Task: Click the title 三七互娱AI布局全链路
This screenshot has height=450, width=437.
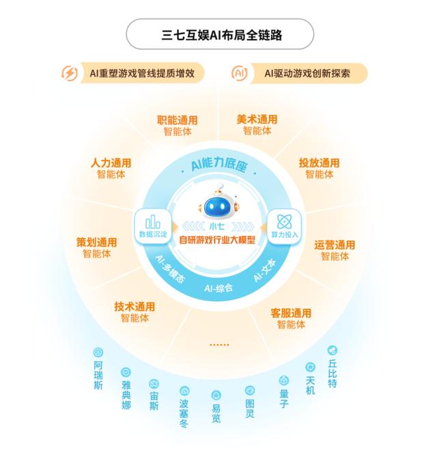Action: pyautogui.click(x=221, y=35)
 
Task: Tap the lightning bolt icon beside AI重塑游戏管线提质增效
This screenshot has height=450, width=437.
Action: pyautogui.click(x=70, y=73)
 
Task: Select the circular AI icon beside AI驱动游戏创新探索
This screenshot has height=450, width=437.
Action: pyautogui.click(x=239, y=73)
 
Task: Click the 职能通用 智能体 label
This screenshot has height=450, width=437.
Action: pyautogui.click(x=178, y=126)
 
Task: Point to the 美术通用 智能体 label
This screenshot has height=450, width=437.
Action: pyautogui.click(x=257, y=125)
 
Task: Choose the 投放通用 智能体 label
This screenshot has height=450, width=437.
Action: pyautogui.click(x=319, y=168)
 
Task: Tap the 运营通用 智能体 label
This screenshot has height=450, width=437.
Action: pyautogui.click(x=335, y=250)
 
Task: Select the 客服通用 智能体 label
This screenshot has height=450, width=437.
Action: pyautogui.click(x=291, y=319)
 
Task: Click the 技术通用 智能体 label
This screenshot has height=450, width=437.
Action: pyautogui.click(x=135, y=312)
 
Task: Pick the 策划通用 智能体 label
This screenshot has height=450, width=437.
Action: pyautogui.click(x=97, y=248)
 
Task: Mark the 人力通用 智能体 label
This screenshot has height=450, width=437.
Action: pyautogui.click(x=111, y=169)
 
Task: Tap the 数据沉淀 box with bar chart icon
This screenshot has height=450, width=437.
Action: pyautogui.click(x=153, y=227)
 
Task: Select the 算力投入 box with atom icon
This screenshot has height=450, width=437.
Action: pyautogui.click(x=284, y=227)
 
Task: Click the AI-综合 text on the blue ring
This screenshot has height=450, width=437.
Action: pyautogui.click(x=218, y=288)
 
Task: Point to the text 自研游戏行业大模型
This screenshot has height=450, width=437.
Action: pyautogui.click(x=217, y=240)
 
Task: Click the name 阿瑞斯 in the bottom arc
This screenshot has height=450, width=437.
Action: pyautogui.click(x=98, y=375)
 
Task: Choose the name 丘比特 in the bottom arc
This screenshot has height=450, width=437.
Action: pyautogui.click(x=333, y=374)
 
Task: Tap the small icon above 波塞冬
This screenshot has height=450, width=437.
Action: pyautogui.click(x=184, y=391)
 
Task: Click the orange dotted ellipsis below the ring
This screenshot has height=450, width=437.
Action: pyautogui.click(x=219, y=345)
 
